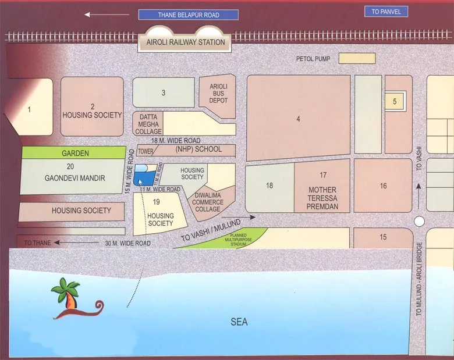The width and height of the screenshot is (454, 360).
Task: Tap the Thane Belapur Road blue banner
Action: pos(188,15)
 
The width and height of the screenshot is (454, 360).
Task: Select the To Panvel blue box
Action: pos(386,12)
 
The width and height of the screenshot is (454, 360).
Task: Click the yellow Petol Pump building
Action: pos(357,59)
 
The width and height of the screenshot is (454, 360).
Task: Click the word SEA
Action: pos(239,322)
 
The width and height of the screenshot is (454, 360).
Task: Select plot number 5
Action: pos(395,102)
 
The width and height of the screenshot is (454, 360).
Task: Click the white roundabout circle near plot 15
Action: pos(420,222)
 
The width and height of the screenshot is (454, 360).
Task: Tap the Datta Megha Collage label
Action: pos(148,124)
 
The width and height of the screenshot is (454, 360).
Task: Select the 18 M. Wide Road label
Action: pos(176,141)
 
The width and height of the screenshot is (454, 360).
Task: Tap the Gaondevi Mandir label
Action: pos(75,178)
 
